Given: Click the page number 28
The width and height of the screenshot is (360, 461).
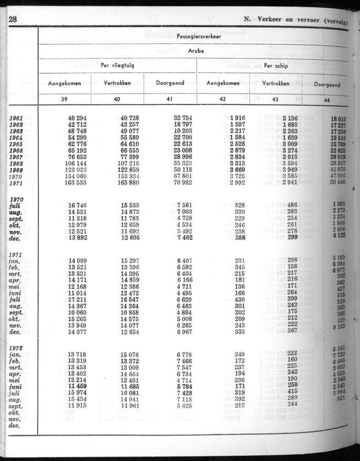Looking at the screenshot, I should pos(13,19).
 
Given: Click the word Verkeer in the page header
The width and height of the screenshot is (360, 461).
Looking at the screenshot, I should pos(269,19).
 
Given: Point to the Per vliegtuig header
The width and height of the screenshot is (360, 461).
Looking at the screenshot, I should pos(117,65).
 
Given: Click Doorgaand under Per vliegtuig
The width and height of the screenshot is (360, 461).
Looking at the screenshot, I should pos(170,83).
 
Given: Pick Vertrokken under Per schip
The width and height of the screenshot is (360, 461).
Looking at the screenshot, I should pos(276,83).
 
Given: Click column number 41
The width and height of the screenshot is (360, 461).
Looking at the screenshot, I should pos(170,99).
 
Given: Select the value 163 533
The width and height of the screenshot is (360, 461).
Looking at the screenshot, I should pos(77,183).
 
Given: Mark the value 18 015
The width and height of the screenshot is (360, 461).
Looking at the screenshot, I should pos(338,120).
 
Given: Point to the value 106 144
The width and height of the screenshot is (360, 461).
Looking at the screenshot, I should pos(77,164).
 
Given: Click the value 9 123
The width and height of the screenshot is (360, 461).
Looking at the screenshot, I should pos(339,327).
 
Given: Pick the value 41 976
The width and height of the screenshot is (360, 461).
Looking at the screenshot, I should pos(338,170).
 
